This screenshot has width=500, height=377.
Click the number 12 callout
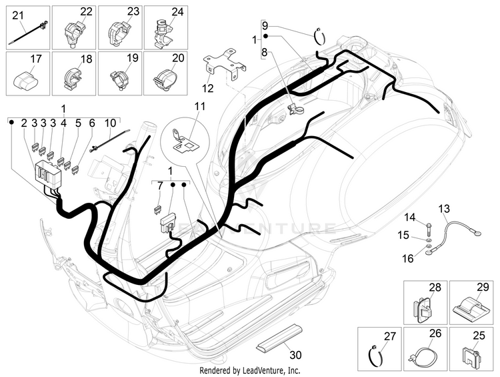[x=208, y=87]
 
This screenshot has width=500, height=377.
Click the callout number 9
[x=264, y=24]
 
